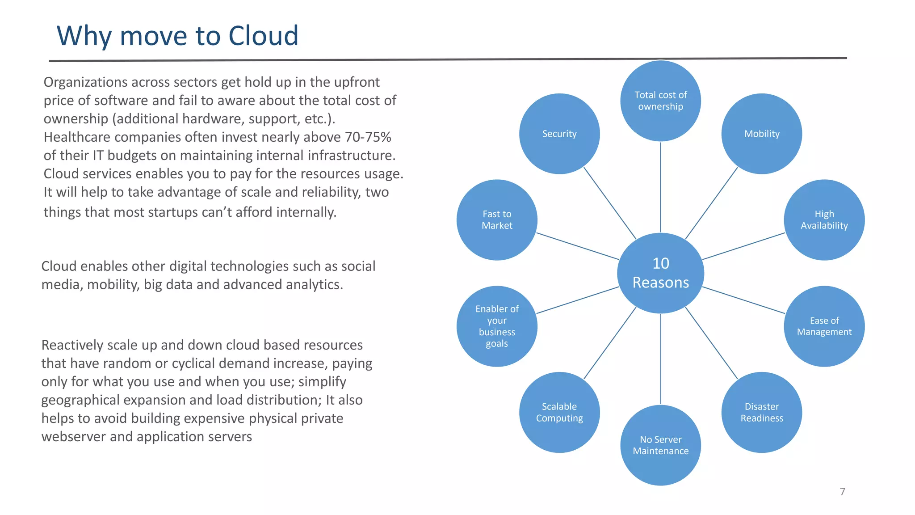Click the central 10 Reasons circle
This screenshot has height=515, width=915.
coord(660,273)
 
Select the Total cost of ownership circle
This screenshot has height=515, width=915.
coord(660,101)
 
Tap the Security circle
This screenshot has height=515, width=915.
coord(559,134)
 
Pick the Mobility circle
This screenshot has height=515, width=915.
coord(761,134)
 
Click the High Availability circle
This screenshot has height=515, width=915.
coord(824,220)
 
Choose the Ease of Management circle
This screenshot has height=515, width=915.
coord(824,326)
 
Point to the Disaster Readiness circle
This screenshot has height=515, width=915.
coord(761,412)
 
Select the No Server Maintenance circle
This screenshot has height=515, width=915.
coord(660,445)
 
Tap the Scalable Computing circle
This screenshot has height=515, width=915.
coord(559,412)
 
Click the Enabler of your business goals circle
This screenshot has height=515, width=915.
coord(497,326)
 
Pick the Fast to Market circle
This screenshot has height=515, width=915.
coord(497,220)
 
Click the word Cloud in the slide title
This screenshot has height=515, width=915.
coord(263,36)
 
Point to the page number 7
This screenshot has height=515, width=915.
coord(842,492)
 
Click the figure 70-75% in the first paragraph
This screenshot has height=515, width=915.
coord(368,137)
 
